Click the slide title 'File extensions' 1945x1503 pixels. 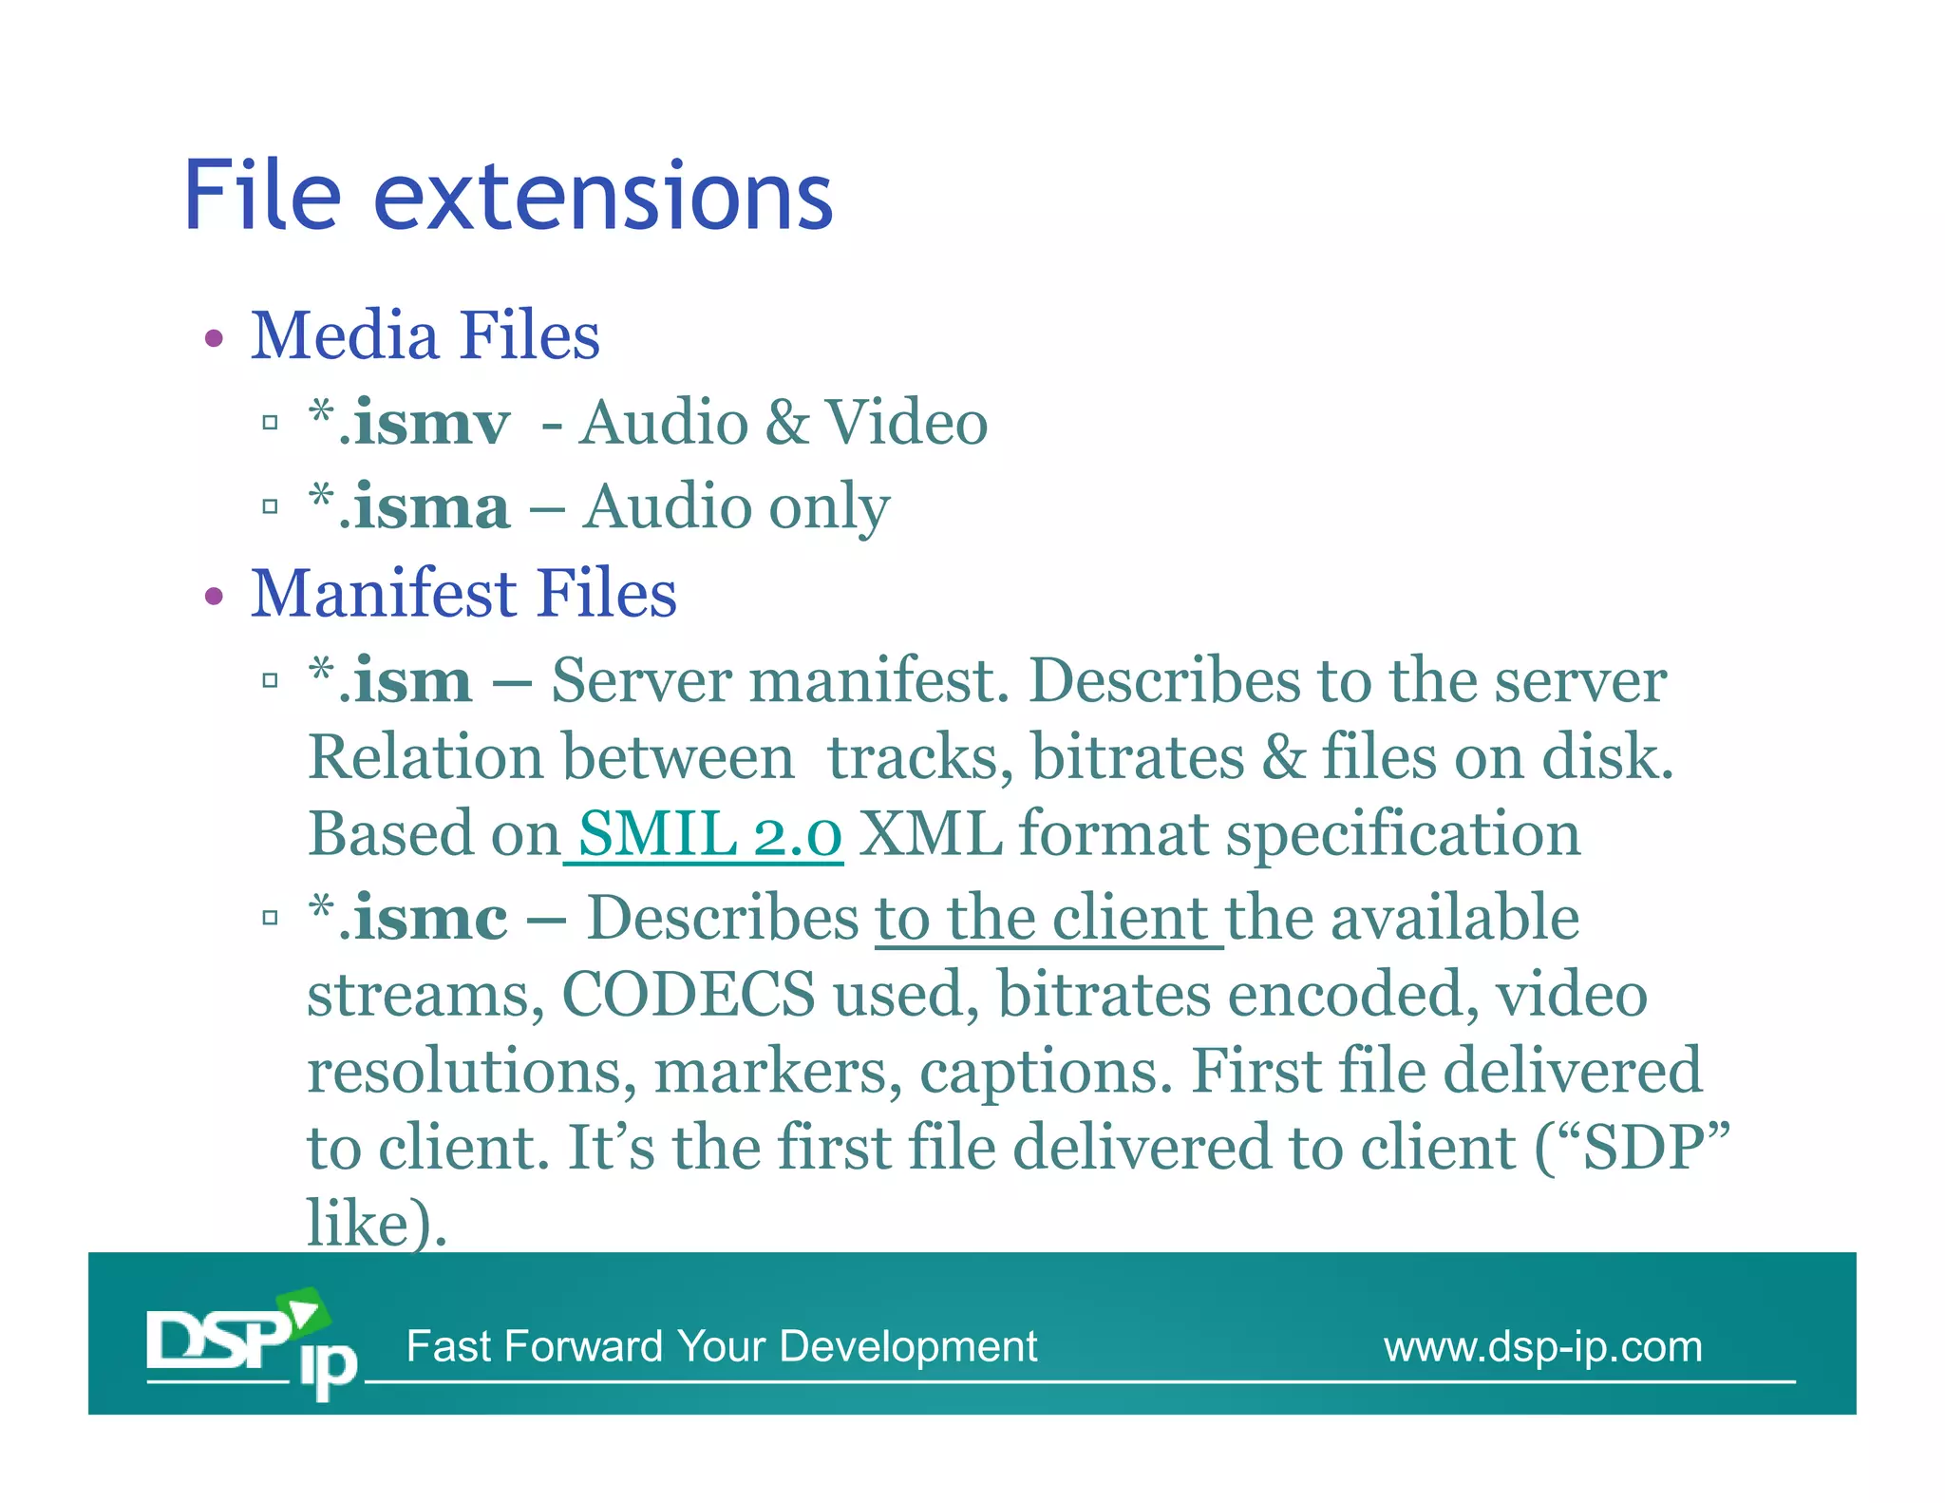click(x=508, y=197)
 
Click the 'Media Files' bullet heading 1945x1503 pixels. click(x=425, y=336)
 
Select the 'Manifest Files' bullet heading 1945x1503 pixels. click(x=463, y=594)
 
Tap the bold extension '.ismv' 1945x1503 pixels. click(x=425, y=424)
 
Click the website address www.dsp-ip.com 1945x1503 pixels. click(x=1542, y=1347)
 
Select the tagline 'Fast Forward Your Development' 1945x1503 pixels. click(x=722, y=1347)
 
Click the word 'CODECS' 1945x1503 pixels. click(x=689, y=996)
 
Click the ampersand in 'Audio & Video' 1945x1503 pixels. click(x=785, y=424)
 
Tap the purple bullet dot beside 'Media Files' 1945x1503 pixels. click(x=215, y=339)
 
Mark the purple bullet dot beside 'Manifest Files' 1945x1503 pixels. click(x=215, y=597)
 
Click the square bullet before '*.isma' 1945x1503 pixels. click(x=271, y=507)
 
